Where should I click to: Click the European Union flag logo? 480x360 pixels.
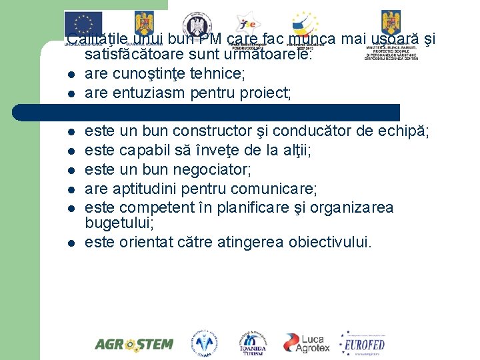coord(83,23)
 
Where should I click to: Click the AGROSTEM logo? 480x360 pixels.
coord(133,344)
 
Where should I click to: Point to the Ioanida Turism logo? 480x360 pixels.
coord(253,342)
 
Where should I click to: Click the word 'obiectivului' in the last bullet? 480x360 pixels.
coord(329,242)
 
